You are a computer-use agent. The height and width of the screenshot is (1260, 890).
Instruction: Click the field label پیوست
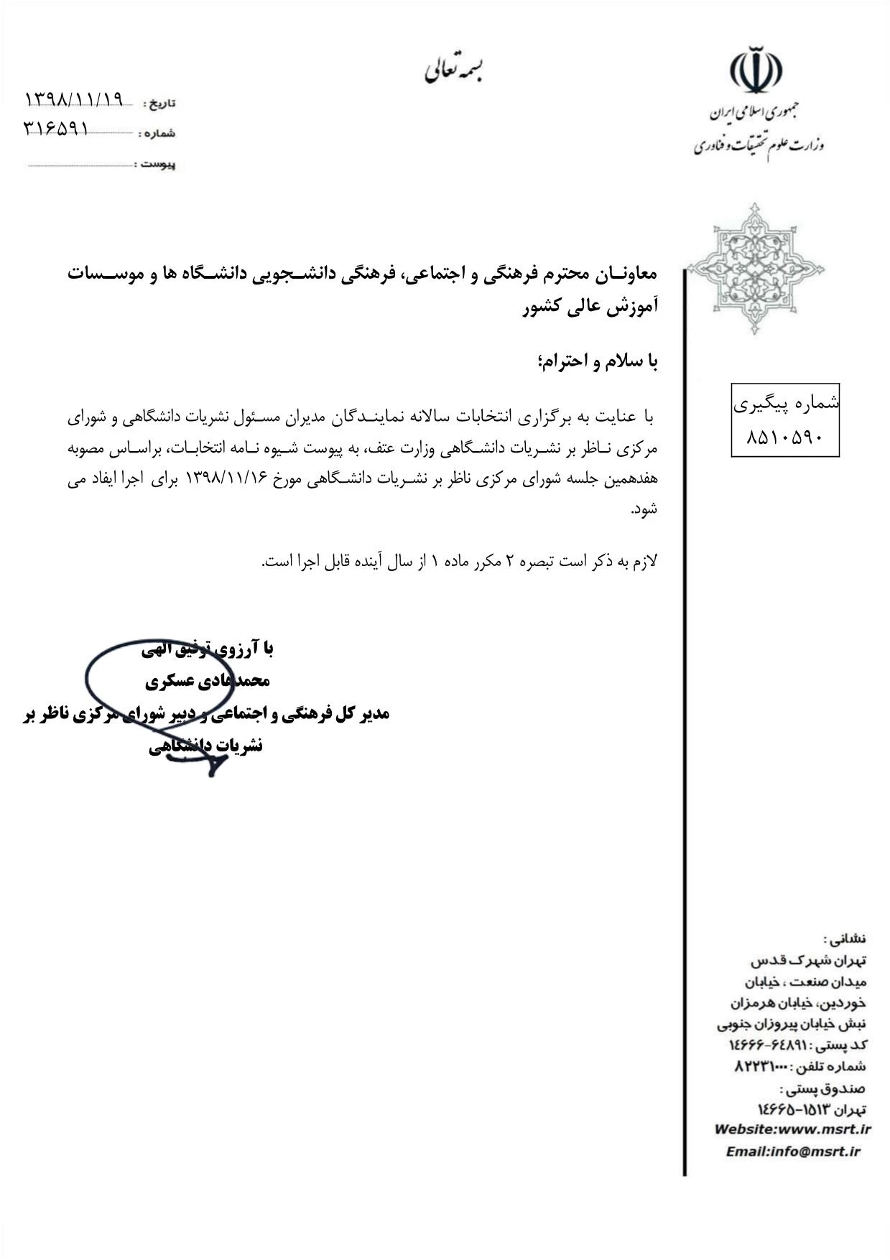tap(158, 165)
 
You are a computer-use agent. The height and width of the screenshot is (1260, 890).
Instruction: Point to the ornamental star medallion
tap(755, 269)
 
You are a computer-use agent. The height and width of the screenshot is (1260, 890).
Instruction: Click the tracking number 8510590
tap(784, 437)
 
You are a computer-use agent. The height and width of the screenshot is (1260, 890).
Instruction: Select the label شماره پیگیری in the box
tap(786, 404)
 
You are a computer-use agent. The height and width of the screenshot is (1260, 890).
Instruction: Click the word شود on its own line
tap(645, 510)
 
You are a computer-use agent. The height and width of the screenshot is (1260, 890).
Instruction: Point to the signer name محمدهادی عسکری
tap(208, 681)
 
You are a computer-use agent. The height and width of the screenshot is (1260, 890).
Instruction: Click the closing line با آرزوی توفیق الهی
tap(208, 649)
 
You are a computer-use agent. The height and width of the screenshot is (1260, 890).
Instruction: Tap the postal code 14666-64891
tap(764, 1044)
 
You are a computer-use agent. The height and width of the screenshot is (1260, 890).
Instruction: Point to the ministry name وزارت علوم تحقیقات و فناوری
tap(759, 146)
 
